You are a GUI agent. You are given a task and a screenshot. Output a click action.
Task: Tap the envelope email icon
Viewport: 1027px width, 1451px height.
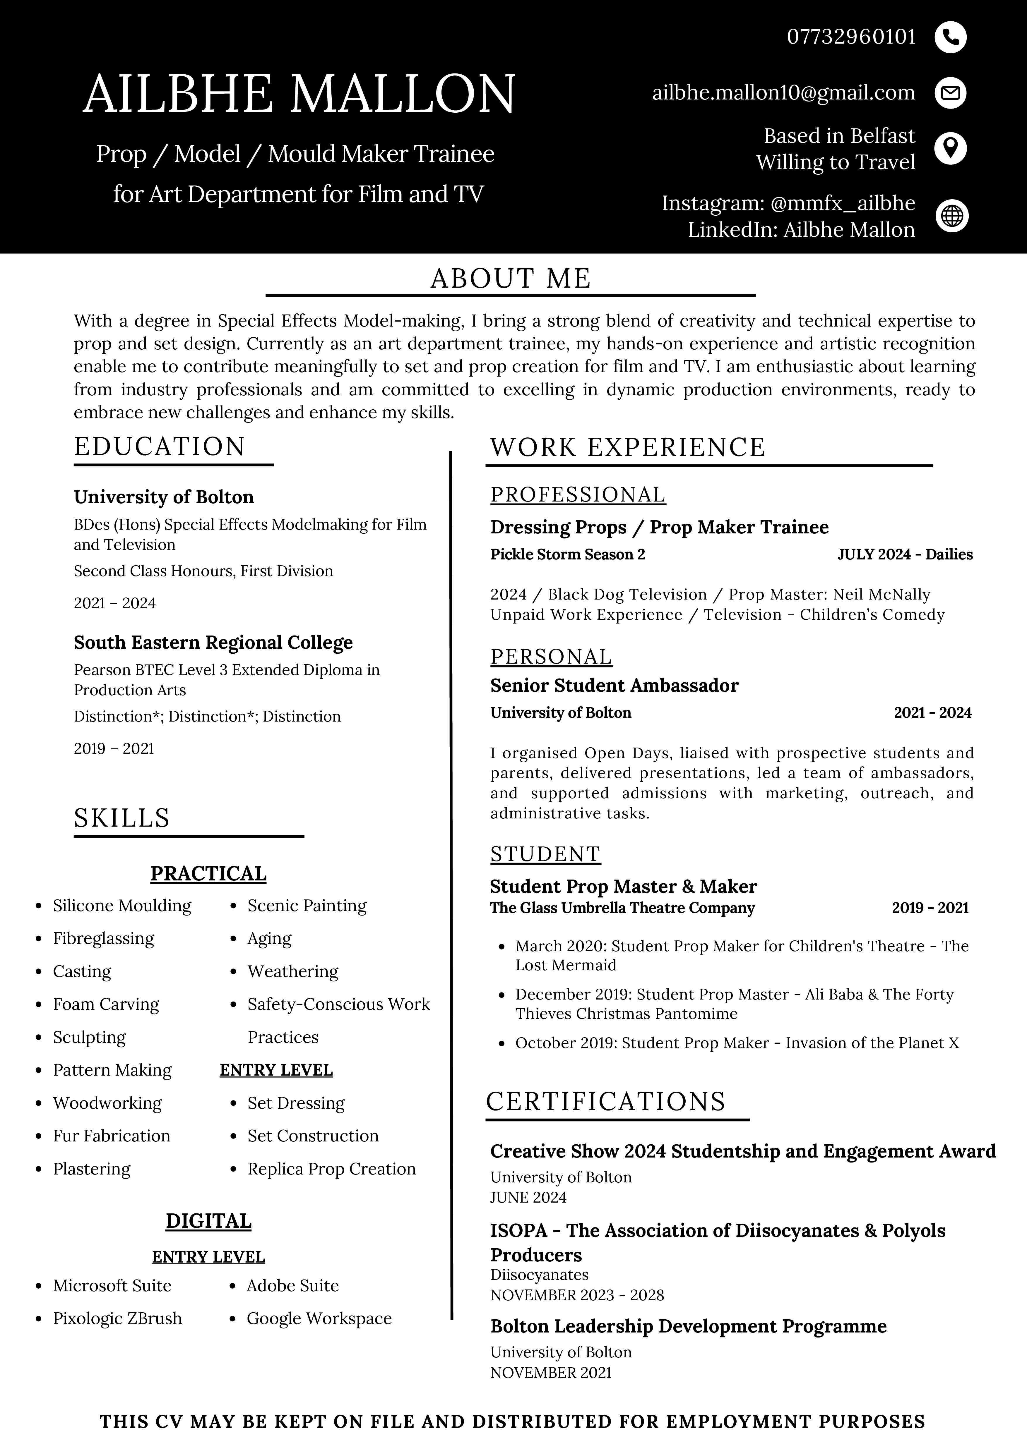951,93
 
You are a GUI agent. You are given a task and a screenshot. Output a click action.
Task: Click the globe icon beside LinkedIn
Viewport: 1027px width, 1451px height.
952,216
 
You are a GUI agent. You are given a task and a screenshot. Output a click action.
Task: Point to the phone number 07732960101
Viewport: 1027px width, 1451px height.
851,37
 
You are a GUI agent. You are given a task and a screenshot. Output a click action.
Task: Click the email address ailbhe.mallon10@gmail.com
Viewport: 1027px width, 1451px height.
783,93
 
